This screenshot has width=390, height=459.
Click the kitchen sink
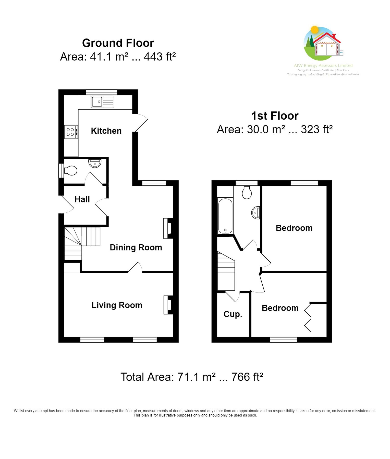click(x=102, y=102)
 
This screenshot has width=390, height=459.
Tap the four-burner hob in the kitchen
click(x=71, y=132)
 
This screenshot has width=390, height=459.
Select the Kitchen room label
click(x=106, y=131)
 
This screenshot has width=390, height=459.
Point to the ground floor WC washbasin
click(x=95, y=163)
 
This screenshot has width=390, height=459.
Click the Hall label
click(x=82, y=199)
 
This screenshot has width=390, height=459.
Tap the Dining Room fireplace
click(x=168, y=228)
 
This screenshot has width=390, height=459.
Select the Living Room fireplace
click(x=168, y=305)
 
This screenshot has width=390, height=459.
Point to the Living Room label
click(x=117, y=305)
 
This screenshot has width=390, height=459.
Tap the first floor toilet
click(x=247, y=193)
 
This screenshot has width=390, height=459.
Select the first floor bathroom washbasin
click(x=256, y=213)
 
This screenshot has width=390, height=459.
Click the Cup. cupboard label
click(x=233, y=314)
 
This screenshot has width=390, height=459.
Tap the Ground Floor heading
click(x=118, y=43)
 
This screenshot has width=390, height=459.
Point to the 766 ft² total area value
click(x=247, y=377)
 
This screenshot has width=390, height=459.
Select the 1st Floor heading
click(x=275, y=116)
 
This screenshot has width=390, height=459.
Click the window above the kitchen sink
click(x=102, y=92)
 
